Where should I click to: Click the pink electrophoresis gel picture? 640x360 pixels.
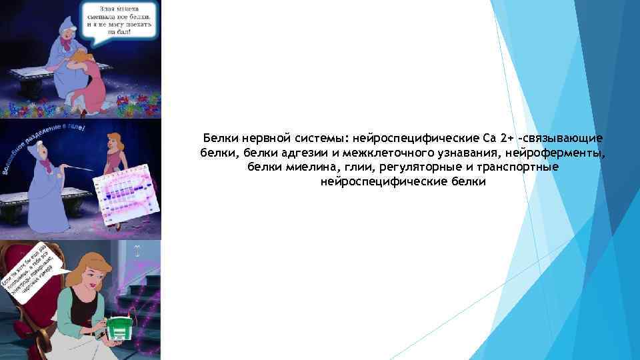pos(127,193)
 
